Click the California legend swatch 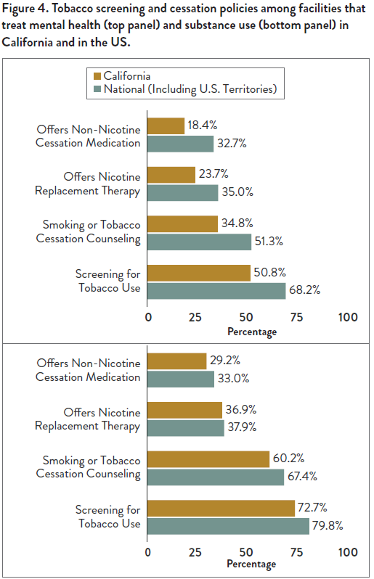(x=97, y=75)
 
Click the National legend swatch (x=97, y=90)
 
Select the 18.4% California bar (x=166, y=126)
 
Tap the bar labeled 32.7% (x=180, y=143)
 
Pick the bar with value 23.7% (x=171, y=175)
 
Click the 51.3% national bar (x=199, y=241)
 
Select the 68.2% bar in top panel (x=216, y=290)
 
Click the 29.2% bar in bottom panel (x=177, y=361)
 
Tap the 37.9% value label (x=245, y=427)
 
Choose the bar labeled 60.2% (x=208, y=459)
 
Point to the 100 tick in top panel (x=348, y=317)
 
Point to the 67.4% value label (x=304, y=477)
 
